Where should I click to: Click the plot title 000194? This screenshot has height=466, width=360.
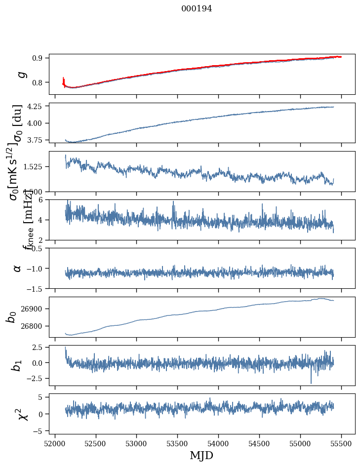196,8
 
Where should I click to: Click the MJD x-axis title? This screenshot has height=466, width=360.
201,455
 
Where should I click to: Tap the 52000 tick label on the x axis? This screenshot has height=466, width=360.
55,442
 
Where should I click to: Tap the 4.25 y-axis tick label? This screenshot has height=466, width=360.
37,106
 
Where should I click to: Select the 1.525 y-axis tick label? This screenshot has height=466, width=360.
35,167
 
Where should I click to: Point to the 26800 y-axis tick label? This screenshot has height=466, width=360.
34,326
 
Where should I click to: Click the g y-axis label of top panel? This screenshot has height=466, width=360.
20,74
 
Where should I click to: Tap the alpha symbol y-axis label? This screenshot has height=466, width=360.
17,268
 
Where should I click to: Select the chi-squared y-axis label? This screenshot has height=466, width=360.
23,414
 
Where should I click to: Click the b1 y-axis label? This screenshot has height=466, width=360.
17,366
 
